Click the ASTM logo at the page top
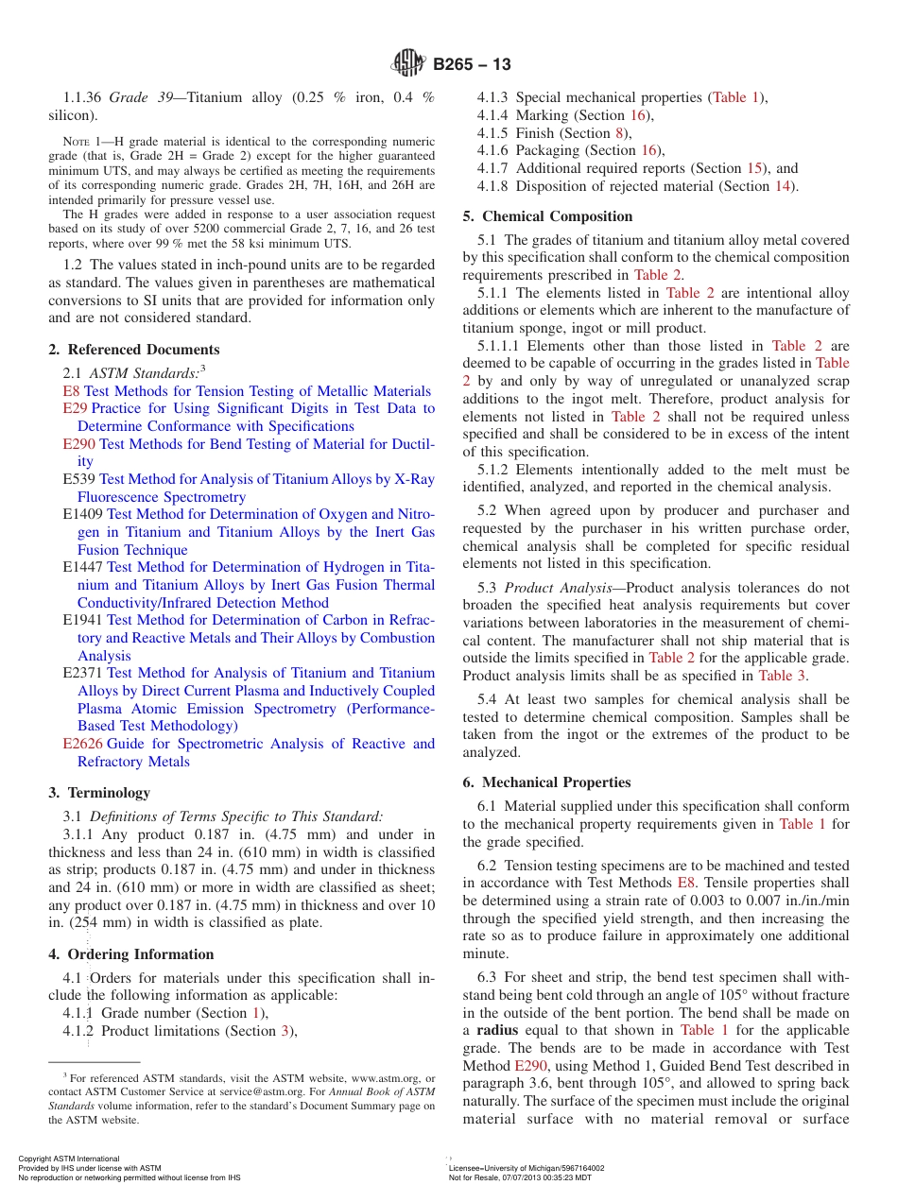409,63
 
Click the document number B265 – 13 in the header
472,64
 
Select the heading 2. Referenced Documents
134,350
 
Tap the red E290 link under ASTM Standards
79,444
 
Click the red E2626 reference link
83,744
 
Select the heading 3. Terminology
99,793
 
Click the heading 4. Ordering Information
131,954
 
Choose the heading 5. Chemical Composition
547,216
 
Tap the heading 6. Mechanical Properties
547,782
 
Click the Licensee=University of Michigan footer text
526,1168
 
